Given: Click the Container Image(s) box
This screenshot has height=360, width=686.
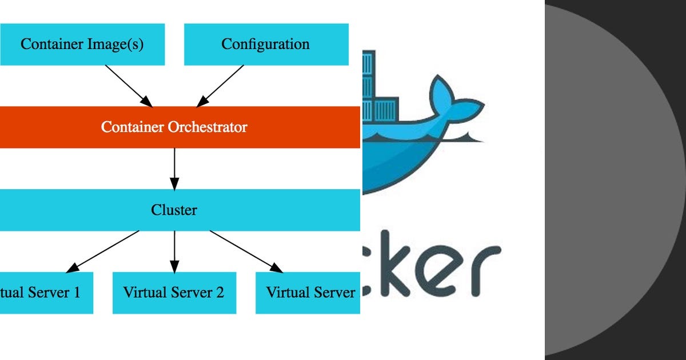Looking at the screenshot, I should (82, 45).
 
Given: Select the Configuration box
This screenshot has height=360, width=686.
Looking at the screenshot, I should (266, 45).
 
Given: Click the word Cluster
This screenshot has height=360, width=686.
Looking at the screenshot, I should (174, 210).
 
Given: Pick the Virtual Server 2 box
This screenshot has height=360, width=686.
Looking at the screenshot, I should (174, 293).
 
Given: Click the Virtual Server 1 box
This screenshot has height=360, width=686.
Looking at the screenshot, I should (46, 293).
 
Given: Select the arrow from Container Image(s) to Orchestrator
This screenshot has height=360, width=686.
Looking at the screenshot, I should (129, 86).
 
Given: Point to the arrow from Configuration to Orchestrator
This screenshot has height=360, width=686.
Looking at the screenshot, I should (220, 86).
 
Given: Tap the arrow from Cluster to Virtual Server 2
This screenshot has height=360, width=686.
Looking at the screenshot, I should (174, 251).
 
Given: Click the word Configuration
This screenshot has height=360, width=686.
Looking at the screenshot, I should (266, 45).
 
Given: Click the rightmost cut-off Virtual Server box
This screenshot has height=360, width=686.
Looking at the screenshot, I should (309, 293).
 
